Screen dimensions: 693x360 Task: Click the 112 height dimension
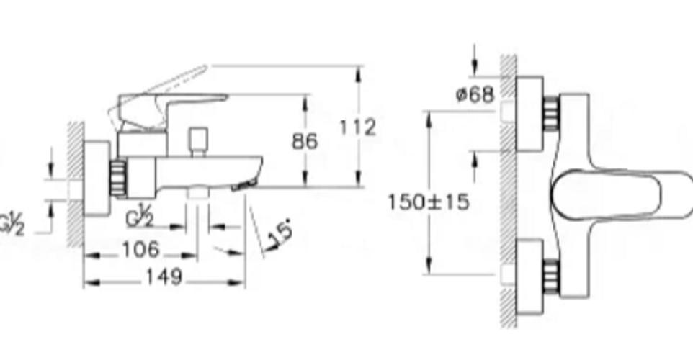tap(357, 127)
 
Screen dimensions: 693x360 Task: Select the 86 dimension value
tap(305, 141)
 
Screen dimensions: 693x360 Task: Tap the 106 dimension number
tap(140, 250)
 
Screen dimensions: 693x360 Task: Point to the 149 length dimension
tap(164, 277)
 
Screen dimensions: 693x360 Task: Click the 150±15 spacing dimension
tap(428, 202)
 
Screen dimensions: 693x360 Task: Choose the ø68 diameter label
tap(475, 94)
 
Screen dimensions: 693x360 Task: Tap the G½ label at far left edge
tap(12, 224)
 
